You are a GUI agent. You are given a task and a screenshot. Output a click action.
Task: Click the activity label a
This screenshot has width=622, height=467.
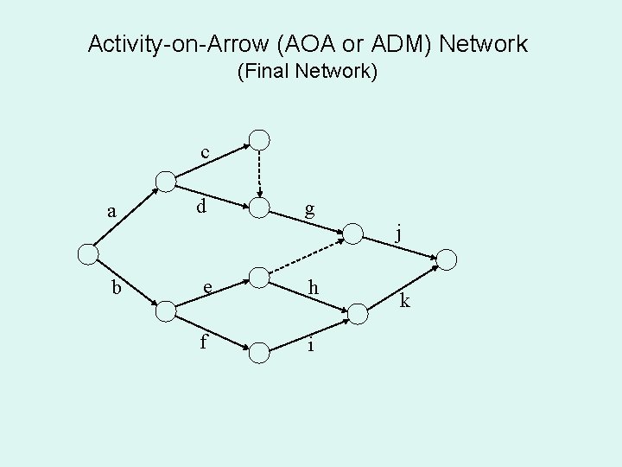click(111, 211)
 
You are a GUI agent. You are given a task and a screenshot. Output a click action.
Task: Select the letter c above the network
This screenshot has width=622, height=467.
click(205, 153)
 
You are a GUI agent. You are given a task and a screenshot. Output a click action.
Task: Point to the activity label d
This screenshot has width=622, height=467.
click(200, 207)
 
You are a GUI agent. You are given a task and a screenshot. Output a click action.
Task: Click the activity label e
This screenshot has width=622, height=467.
click(207, 288)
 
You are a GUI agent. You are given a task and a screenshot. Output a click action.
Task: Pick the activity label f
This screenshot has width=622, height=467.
click(203, 342)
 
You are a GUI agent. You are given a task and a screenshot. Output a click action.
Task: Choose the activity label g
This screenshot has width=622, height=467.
click(308, 209)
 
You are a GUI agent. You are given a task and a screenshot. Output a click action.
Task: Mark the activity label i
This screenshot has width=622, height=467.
click(310, 343)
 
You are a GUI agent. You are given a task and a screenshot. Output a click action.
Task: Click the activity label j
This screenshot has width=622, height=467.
click(398, 233)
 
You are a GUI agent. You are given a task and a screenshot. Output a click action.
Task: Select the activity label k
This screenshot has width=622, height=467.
click(407, 301)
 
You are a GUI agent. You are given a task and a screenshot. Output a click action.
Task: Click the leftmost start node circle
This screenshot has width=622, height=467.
click(87, 254)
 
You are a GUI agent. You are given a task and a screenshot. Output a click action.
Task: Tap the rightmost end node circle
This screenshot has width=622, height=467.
click(448, 259)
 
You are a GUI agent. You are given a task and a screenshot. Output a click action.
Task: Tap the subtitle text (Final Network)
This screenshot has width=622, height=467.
click(308, 72)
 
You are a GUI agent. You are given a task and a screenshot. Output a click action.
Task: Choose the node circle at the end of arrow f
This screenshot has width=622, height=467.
click(259, 352)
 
